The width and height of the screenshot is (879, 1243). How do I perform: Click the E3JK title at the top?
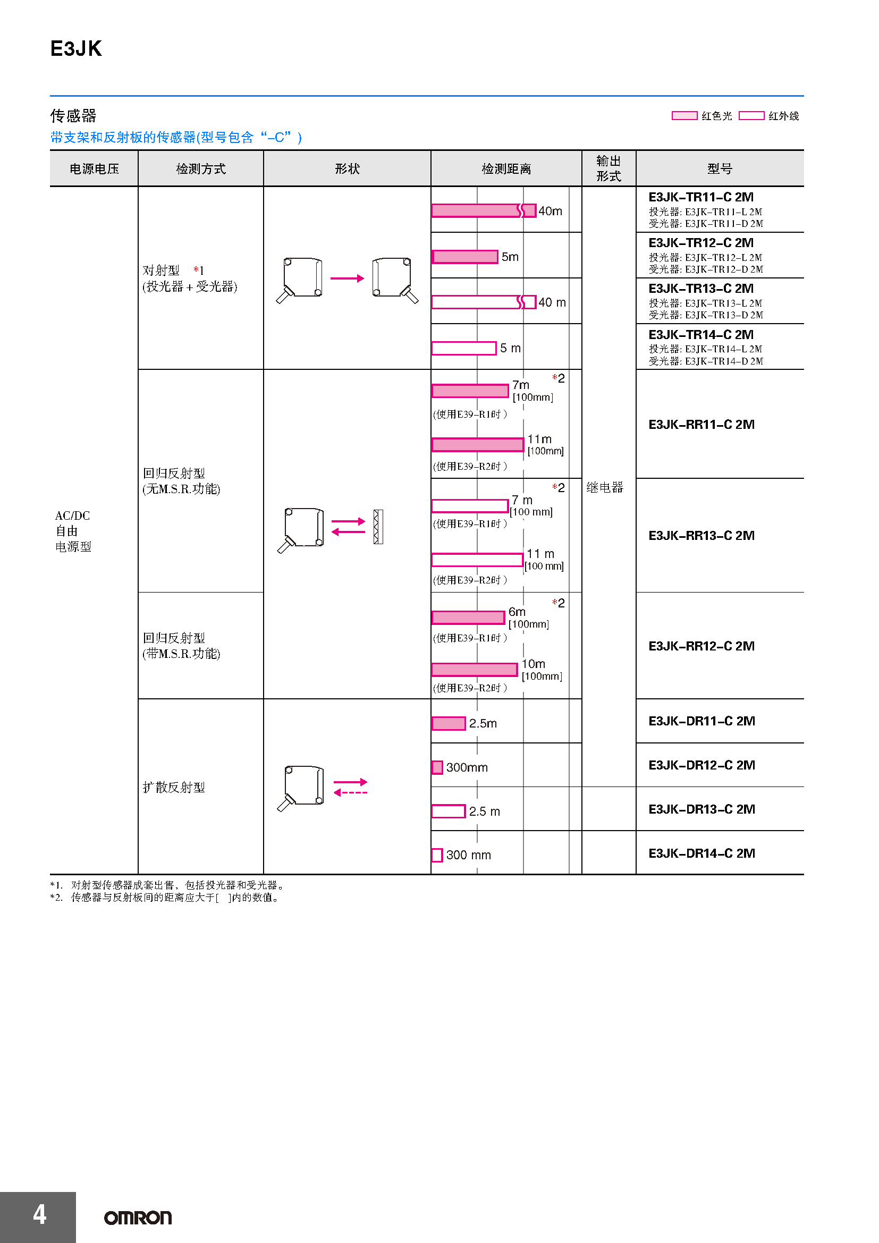click(76, 49)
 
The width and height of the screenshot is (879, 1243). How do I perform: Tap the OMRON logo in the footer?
click(138, 1217)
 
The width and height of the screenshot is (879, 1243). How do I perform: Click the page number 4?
click(39, 1214)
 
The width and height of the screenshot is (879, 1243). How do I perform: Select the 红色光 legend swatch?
click(684, 115)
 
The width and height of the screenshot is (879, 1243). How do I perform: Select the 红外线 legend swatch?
click(751, 115)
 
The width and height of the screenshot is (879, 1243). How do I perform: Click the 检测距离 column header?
click(506, 169)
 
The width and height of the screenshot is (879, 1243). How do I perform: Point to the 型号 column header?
click(720, 169)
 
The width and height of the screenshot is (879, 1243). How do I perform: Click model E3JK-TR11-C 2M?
click(701, 197)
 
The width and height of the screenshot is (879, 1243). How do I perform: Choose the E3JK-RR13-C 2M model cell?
click(701, 536)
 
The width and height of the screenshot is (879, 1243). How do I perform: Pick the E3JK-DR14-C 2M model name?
click(701, 853)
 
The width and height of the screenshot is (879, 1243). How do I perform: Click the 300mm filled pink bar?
click(437, 767)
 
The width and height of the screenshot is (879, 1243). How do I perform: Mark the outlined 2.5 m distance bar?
click(448, 811)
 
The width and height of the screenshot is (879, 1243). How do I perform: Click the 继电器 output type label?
click(605, 487)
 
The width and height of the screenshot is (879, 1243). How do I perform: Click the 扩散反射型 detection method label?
click(174, 787)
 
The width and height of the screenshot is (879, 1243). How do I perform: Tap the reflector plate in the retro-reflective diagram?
click(378, 527)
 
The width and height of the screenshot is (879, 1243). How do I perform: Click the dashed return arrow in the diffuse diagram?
click(351, 792)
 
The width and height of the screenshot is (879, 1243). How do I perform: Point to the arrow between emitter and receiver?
click(347, 278)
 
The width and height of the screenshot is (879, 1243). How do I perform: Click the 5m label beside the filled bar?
click(510, 257)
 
